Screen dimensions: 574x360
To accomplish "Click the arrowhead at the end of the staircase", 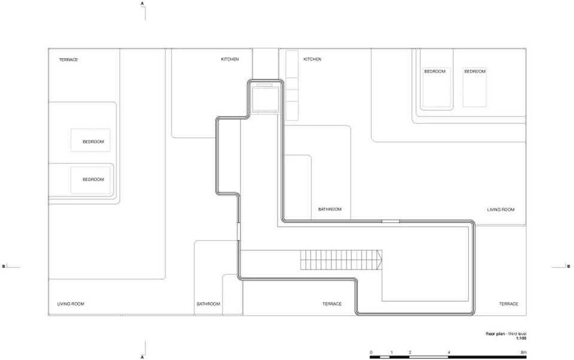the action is pyautogui.click(x=379, y=260).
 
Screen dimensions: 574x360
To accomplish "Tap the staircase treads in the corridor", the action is pyautogui.click(x=339, y=260).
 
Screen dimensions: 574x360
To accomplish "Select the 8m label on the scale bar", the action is pyautogui.click(x=524, y=352).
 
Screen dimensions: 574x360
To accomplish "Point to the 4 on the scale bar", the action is pyautogui.click(x=449, y=352).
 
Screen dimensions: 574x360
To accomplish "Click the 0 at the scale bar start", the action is pyautogui.click(x=371, y=352).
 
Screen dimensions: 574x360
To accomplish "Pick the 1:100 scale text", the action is pyautogui.click(x=521, y=338).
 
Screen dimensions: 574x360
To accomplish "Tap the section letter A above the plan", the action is pyautogui.click(x=142, y=4).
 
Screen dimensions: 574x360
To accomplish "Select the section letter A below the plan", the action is pyautogui.click(x=142, y=357).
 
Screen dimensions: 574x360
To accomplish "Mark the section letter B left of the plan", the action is pyautogui.click(x=4, y=266).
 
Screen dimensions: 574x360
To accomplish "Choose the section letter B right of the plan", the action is pyautogui.click(x=569, y=266).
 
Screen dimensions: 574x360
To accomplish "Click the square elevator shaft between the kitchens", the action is pyautogui.click(x=265, y=97).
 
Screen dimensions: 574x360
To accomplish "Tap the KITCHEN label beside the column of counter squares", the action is pyautogui.click(x=312, y=59).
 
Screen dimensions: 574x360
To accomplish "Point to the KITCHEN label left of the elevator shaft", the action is pyautogui.click(x=230, y=59).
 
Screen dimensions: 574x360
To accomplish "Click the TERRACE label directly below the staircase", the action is pyautogui.click(x=332, y=304).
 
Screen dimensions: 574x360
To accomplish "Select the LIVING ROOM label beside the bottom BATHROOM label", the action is pyautogui.click(x=71, y=304).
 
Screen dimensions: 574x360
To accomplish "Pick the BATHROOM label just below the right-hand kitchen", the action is pyautogui.click(x=330, y=210).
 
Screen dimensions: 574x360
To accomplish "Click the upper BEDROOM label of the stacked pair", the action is pyautogui.click(x=93, y=142).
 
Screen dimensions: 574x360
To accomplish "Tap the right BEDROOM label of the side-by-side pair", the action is pyautogui.click(x=475, y=71).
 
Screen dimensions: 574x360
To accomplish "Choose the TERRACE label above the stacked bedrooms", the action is pyautogui.click(x=69, y=60).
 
